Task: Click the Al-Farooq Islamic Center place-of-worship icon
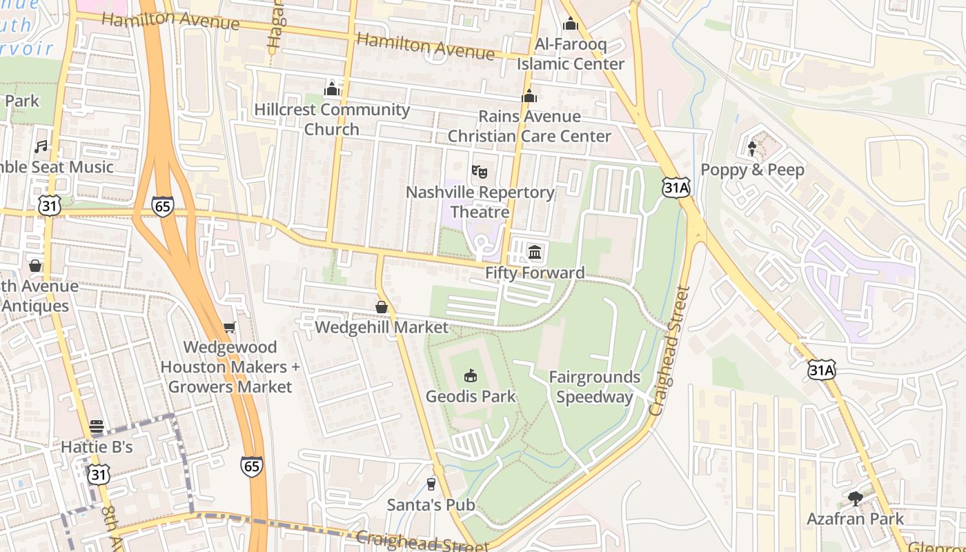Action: (571, 24)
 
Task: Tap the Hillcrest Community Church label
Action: (332, 119)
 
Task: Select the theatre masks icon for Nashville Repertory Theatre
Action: (480, 171)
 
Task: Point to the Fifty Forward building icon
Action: (535, 253)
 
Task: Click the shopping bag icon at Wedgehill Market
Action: (381, 307)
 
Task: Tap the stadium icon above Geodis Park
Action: (471, 375)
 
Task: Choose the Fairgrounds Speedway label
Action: (594, 387)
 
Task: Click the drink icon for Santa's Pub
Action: (431, 484)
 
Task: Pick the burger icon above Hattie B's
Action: (97, 426)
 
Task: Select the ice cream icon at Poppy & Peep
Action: (752, 148)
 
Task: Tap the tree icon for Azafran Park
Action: (856, 498)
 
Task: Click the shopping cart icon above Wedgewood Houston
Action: (230, 327)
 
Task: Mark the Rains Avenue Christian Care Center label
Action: (529, 126)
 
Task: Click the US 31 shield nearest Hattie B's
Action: (99, 474)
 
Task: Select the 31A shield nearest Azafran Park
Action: (821, 370)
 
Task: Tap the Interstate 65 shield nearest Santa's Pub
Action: (252, 466)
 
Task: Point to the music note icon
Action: (41, 146)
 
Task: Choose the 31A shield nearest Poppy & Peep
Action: (676, 187)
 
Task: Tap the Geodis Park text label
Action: (471, 397)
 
